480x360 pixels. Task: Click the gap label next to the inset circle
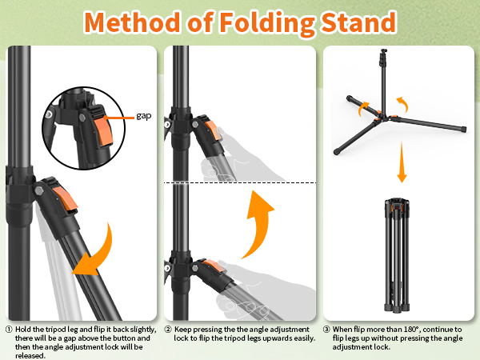[143, 116]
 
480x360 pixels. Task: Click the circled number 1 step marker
[9, 329]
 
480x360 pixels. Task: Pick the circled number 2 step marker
[168, 329]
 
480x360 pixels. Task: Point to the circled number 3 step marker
[326, 329]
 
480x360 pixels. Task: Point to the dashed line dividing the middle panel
[240, 183]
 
